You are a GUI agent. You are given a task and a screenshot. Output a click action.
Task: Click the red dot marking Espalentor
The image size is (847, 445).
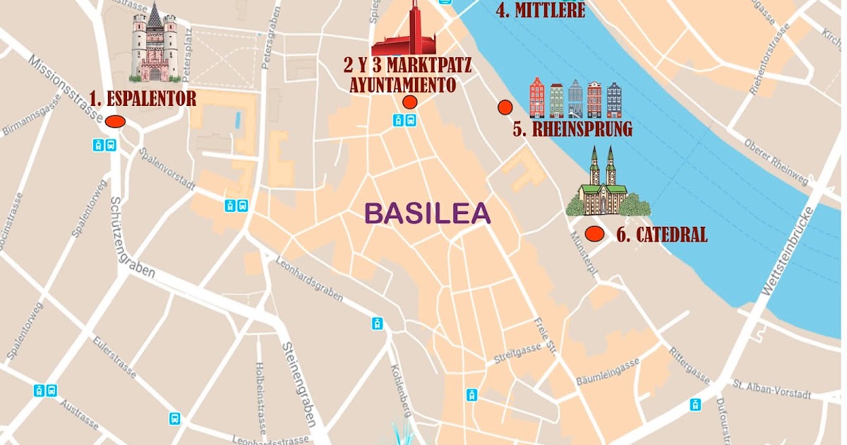click(115, 121)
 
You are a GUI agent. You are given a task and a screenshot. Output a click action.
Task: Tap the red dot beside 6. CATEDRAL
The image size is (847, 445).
click(594, 234)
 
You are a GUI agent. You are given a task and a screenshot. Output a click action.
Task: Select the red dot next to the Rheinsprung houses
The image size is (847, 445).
click(505, 107)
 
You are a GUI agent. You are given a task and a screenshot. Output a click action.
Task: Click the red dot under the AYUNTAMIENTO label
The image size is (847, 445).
click(409, 102)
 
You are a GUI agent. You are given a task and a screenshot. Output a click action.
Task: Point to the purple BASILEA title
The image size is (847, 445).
click(426, 213)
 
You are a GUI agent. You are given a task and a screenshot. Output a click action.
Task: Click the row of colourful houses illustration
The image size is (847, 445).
click(576, 98)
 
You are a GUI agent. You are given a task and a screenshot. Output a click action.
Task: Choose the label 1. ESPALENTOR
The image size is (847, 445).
click(143, 99)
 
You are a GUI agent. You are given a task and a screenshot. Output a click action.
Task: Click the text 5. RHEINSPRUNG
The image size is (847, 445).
click(572, 130)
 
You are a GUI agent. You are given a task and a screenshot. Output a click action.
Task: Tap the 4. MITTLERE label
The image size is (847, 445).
click(540, 11)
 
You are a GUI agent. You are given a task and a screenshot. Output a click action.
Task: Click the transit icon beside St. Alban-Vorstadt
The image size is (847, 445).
click(696, 405)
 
